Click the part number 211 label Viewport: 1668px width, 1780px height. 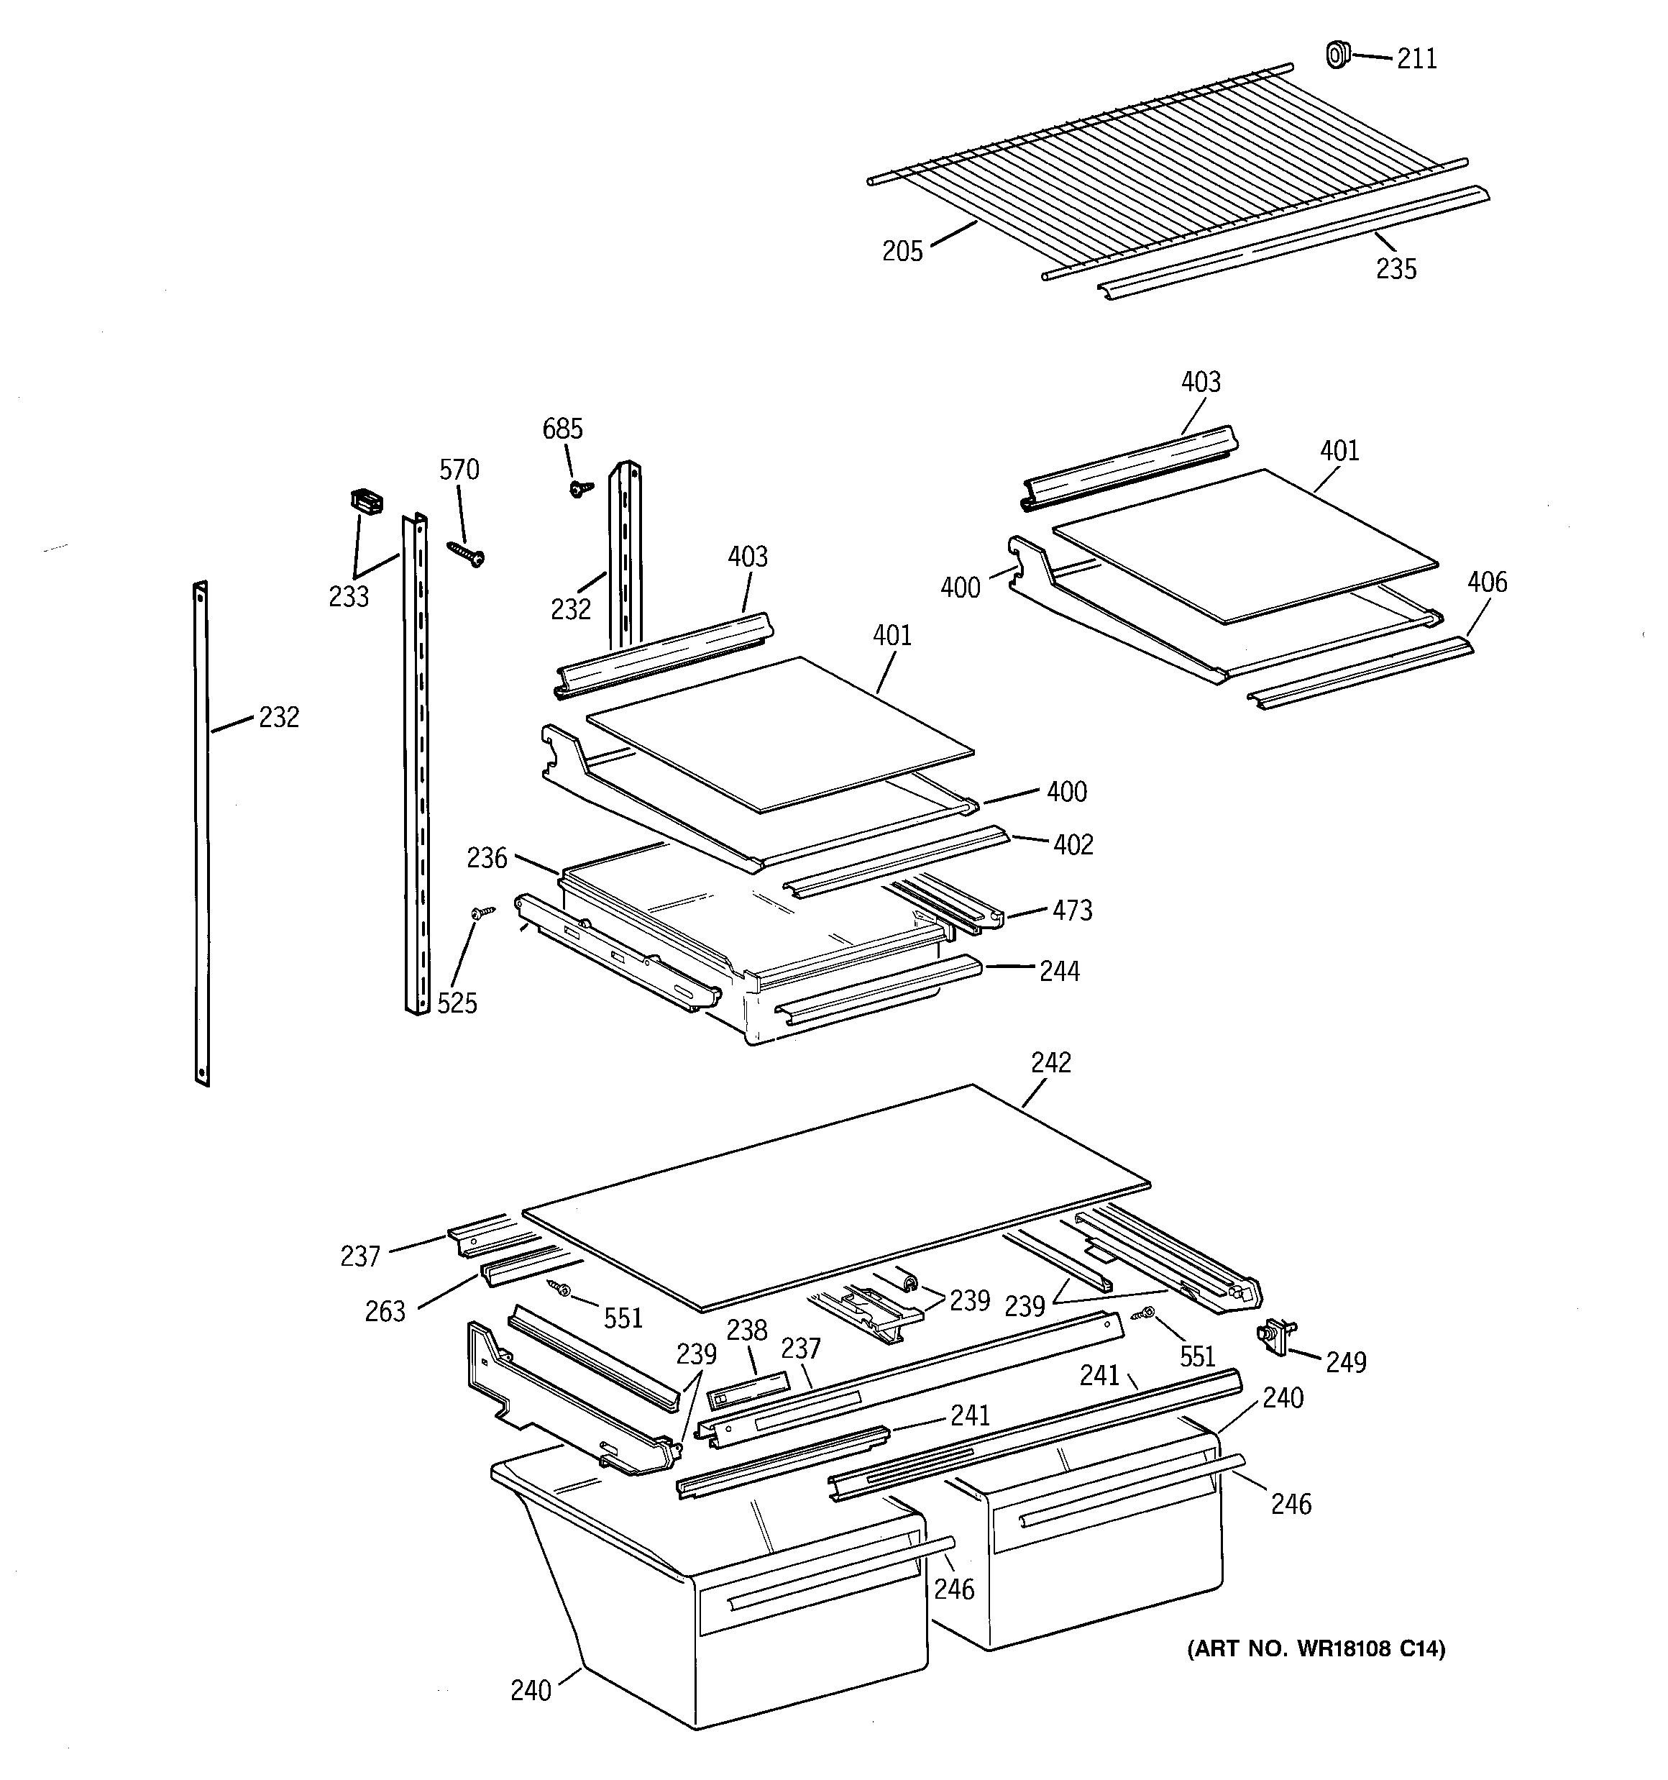tap(1416, 59)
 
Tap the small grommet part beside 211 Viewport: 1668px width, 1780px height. tap(1335, 55)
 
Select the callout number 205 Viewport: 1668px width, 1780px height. tap(902, 252)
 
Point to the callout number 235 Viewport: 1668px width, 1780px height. tap(1396, 268)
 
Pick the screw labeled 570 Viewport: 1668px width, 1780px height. tap(466, 554)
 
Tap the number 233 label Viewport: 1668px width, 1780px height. tap(348, 596)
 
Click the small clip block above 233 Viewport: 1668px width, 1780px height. tap(365, 501)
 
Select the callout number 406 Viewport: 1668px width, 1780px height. tap(1486, 583)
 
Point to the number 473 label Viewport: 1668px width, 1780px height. tap(1072, 910)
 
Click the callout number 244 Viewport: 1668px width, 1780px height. tap(1059, 972)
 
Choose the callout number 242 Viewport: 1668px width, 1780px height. tap(1050, 1062)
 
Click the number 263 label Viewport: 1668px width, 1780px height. tap(385, 1312)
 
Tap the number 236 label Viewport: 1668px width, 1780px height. tap(486, 859)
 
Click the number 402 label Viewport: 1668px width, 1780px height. tap(1073, 845)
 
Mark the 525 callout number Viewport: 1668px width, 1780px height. tap(457, 1004)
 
